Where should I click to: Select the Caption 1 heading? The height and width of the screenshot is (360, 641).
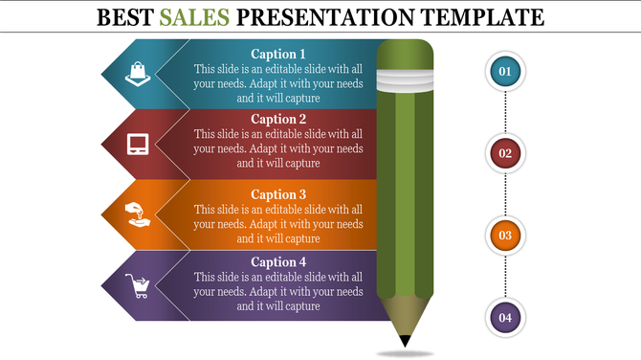278,55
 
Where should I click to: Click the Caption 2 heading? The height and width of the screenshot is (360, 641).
278,120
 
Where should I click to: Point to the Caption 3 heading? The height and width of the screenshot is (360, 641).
278,194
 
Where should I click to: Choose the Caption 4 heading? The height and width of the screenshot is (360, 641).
278,261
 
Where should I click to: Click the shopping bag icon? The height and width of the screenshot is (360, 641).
138,72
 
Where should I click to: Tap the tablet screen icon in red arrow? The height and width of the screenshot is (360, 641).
138,145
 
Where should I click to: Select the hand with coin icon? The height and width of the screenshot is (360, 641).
138,213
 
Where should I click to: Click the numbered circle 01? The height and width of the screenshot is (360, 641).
505,71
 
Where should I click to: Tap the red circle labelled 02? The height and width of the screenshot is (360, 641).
505,152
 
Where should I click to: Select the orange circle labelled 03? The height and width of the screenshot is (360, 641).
505,235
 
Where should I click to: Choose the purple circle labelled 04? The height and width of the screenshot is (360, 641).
505,317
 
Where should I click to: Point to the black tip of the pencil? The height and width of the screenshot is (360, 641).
406,341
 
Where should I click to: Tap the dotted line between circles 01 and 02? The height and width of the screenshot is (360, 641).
505,112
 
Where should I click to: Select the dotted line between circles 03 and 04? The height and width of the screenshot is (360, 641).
505,276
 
